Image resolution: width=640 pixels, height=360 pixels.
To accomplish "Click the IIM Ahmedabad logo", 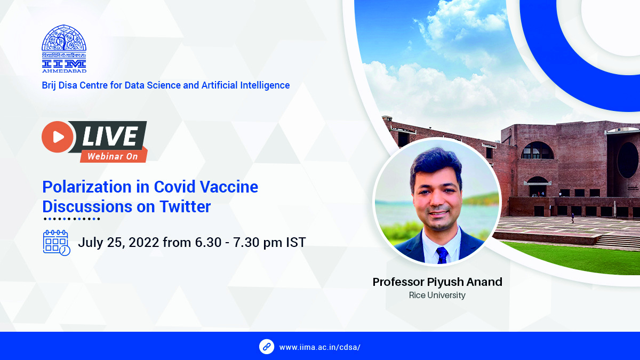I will point(64,49).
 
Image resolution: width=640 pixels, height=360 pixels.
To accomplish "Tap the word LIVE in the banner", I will point(109,137).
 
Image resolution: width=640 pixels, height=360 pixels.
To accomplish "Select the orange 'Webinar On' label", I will point(113,156).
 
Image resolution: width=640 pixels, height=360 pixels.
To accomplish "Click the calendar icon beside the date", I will point(56,243).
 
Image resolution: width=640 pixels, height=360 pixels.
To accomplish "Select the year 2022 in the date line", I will point(142,243).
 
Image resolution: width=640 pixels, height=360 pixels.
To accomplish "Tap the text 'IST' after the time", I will point(295,243).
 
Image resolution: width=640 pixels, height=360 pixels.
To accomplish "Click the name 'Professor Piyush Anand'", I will point(437,282).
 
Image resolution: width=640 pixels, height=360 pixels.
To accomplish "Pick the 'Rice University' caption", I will point(437,295).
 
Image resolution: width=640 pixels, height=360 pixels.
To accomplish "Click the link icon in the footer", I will point(267,347).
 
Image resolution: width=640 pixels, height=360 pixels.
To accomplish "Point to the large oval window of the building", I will point(628,160).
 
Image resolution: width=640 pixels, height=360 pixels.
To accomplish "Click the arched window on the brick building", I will point(538,151).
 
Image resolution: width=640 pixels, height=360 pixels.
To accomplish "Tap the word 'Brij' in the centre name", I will point(50,85).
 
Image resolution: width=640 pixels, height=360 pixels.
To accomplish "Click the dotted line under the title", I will point(71,219).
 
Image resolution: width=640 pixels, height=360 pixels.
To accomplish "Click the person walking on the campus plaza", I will point(572,218).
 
